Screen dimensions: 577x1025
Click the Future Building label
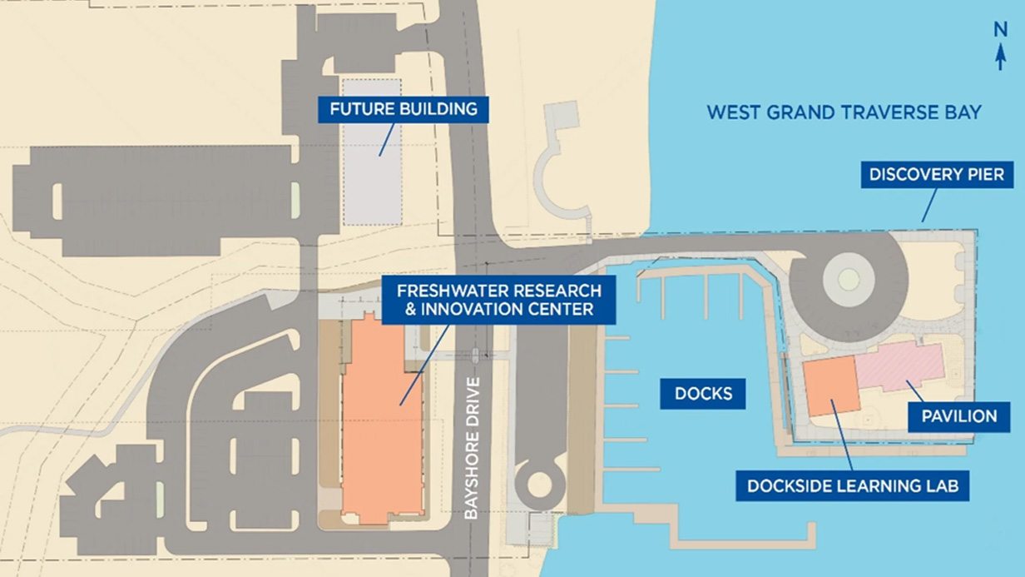click(403, 109)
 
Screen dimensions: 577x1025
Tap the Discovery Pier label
click(937, 175)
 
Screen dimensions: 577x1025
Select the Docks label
click(703, 394)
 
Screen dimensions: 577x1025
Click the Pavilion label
click(958, 415)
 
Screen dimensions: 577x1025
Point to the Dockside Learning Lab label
click(852, 486)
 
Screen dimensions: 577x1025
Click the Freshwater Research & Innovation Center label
click(498, 301)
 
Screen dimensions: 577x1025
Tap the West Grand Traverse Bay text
click(844, 112)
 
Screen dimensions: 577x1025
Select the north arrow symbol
click(1001, 58)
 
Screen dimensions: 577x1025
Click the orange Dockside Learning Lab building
click(832, 386)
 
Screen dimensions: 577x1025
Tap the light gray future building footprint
click(372, 152)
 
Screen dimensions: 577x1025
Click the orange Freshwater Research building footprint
click(382, 425)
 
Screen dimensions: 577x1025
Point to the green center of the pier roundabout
click(847, 280)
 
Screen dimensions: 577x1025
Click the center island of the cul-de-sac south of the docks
click(540, 484)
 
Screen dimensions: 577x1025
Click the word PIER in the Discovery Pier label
click(988, 175)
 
